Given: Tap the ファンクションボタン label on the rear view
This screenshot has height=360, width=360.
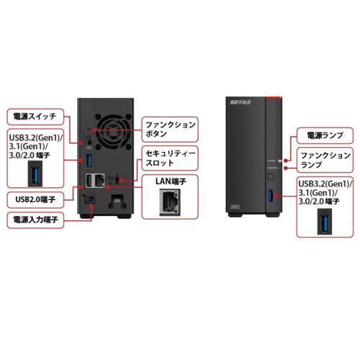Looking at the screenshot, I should click(168, 128).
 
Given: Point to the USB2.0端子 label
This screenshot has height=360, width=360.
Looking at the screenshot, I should click(32, 197).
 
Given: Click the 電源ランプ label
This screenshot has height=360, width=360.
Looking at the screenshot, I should click(324, 135).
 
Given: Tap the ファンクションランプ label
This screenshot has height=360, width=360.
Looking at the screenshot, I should click(324, 160).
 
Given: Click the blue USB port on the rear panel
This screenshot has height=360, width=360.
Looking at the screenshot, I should click(89, 158).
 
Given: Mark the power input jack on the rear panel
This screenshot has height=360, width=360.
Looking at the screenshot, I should click(91, 200).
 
